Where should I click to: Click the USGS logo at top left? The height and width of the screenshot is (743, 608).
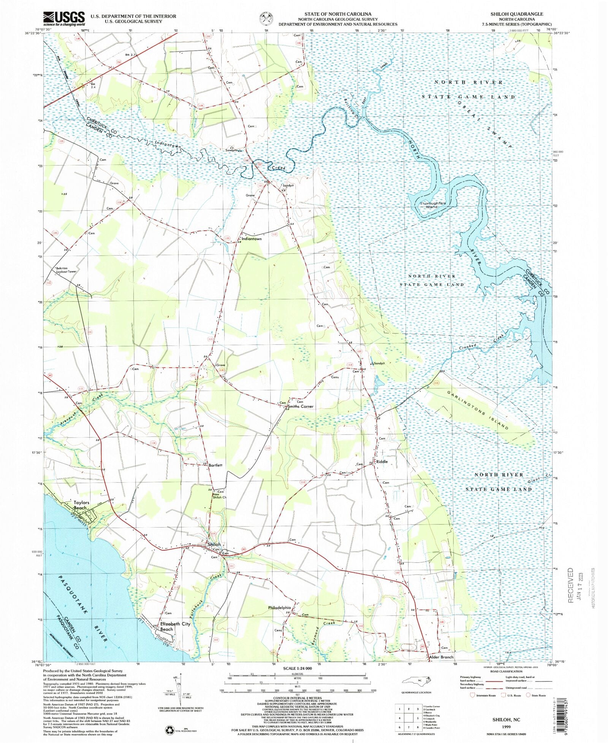[x=64, y=19]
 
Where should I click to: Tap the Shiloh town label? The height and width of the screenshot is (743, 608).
[x=214, y=545]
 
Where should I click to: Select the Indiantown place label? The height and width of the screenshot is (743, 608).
[x=252, y=239]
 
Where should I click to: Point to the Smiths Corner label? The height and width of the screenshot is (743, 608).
[x=301, y=406]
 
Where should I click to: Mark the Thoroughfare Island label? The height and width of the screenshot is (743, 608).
[x=432, y=205]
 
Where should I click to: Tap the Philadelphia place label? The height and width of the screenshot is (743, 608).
[x=279, y=608]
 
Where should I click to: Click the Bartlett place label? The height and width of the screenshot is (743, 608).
[x=215, y=465]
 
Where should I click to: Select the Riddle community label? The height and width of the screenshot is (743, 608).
[x=382, y=462]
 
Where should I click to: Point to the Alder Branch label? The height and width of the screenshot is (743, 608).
[x=441, y=657]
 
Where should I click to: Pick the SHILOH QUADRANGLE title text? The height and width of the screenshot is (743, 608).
[x=516, y=14]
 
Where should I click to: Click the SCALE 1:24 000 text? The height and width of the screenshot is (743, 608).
[x=297, y=668]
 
